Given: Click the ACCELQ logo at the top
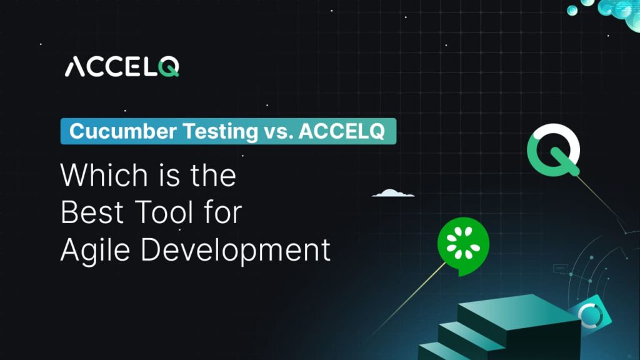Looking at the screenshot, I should (x=122, y=66).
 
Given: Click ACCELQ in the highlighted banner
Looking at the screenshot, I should (x=340, y=131).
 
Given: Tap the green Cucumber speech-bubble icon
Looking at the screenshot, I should (x=462, y=246).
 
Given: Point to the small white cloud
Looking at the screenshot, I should (x=393, y=193).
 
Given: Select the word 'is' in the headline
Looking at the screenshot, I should (x=159, y=176).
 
